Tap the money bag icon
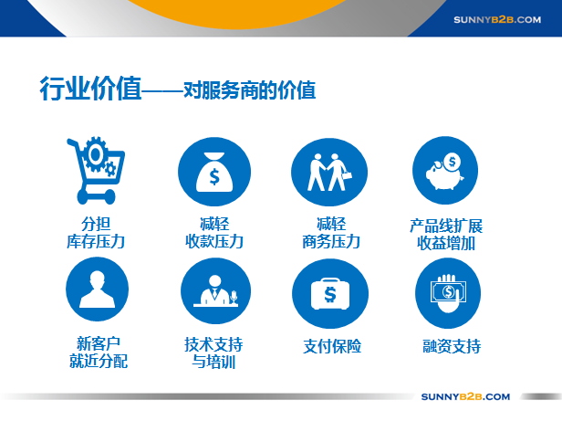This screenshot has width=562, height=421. [x=214, y=172]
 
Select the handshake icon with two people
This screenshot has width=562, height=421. [x=329, y=173]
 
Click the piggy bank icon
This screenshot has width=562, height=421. [x=445, y=171]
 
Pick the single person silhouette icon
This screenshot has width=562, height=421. [x=97, y=289]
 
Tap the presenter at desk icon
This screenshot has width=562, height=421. [x=215, y=290]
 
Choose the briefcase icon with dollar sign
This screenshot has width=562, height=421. [x=330, y=293]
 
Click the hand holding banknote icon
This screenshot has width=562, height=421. [x=448, y=293]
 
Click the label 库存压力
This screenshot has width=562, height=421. [x=96, y=241]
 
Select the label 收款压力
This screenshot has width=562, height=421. [x=214, y=241]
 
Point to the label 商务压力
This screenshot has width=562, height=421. [x=331, y=241]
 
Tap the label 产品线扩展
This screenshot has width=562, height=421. [x=446, y=226]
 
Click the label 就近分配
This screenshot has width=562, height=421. [x=99, y=361]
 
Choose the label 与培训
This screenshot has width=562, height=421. [x=213, y=362]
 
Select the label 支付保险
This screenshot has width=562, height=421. [x=332, y=346]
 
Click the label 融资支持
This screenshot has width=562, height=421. [x=452, y=346]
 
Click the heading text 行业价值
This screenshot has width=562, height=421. [x=90, y=89]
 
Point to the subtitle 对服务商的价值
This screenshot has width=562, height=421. [x=250, y=90]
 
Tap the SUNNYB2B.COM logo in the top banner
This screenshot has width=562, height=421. [x=497, y=20]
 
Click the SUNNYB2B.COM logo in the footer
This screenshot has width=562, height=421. [x=465, y=396]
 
